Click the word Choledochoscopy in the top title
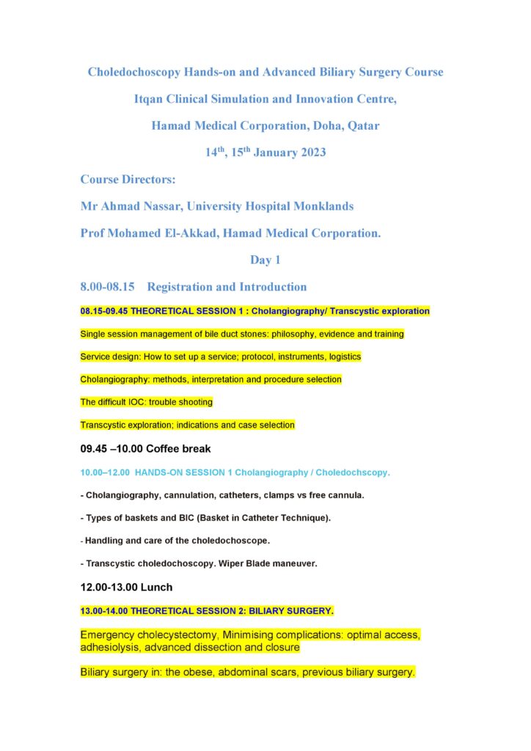pyautogui.click(x=135, y=73)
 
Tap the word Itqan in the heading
pyautogui.click(x=149, y=99)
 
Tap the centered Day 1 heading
pyautogui.click(x=265, y=260)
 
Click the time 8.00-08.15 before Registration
pyautogui.click(x=107, y=287)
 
